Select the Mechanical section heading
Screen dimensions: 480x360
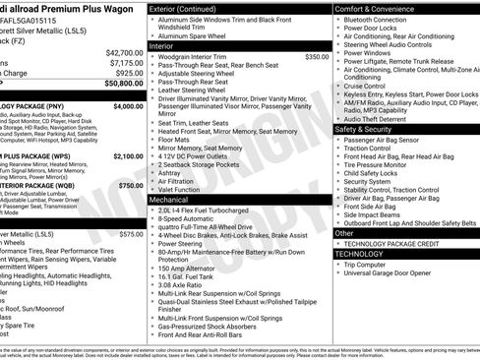click(173, 199)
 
